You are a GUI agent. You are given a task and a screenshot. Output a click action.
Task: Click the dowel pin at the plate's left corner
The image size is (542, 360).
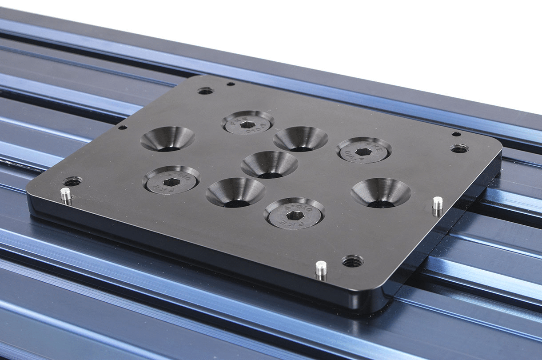tap(65, 194)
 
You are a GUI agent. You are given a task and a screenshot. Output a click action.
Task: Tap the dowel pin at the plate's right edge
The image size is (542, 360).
tap(438, 204)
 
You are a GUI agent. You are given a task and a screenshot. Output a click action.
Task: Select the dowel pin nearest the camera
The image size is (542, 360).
tap(321, 268)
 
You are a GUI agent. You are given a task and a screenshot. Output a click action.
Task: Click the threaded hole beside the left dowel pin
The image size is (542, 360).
tap(72, 181)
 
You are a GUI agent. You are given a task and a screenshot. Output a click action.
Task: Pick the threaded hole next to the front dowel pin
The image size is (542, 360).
tap(353, 261)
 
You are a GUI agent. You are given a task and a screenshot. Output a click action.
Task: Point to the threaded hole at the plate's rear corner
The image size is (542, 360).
tap(205, 91)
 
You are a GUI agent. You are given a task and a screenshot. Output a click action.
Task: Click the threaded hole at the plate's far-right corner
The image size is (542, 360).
tap(459, 148)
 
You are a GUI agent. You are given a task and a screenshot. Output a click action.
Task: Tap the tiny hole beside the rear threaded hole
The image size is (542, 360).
tap(231, 84)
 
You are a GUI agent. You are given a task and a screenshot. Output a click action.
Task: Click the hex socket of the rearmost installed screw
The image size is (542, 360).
tap(247, 124)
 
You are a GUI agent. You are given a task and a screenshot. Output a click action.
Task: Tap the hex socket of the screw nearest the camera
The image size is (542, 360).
tap(295, 215)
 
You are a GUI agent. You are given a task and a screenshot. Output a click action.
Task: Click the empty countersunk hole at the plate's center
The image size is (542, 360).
tap(269, 164)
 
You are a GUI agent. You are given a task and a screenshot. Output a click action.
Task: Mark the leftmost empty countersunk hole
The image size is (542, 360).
tap(167, 139)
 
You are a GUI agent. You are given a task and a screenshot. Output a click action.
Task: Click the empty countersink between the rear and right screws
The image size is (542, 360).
tap(300, 139)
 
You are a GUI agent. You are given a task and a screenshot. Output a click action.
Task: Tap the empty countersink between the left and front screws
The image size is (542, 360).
tap(235, 192)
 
